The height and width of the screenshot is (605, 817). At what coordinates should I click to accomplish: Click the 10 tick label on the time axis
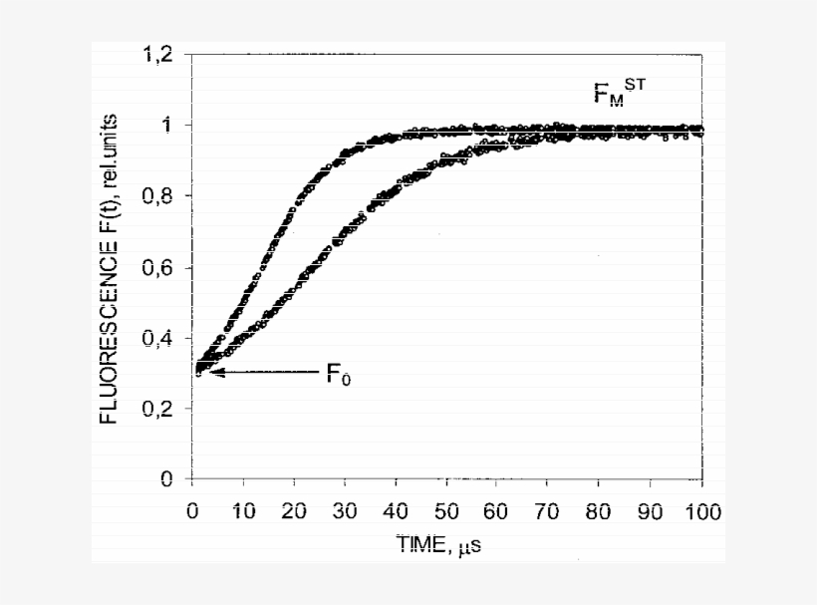[x=243, y=511]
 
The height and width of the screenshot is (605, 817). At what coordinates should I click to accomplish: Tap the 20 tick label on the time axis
[x=294, y=511]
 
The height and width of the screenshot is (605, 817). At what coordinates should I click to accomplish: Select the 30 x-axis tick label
[x=345, y=511]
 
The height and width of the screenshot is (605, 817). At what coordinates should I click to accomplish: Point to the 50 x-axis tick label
[x=447, y=511]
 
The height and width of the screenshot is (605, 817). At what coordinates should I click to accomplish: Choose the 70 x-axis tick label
[x=549, y=511]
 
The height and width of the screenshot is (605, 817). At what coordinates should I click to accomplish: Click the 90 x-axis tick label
[x=652, y=511]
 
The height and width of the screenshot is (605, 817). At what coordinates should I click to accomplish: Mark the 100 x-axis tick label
[x=702, y=511]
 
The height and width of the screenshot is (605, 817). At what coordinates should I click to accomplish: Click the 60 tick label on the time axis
[x=498, y=511]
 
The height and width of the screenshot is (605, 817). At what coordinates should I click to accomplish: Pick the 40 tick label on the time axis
[x=396, y=511]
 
